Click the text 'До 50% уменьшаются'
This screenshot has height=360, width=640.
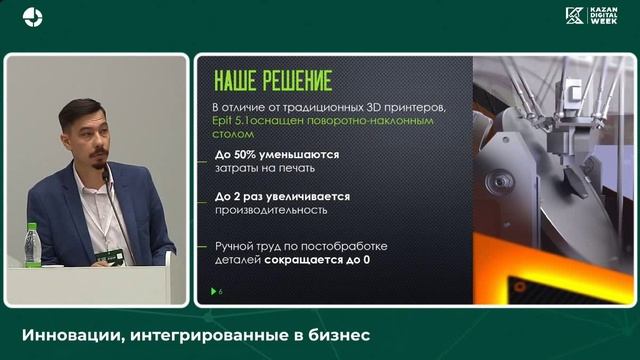[277, 155]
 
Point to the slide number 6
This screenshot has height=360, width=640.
[220, 291]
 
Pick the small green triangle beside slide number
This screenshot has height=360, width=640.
[212, 291]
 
